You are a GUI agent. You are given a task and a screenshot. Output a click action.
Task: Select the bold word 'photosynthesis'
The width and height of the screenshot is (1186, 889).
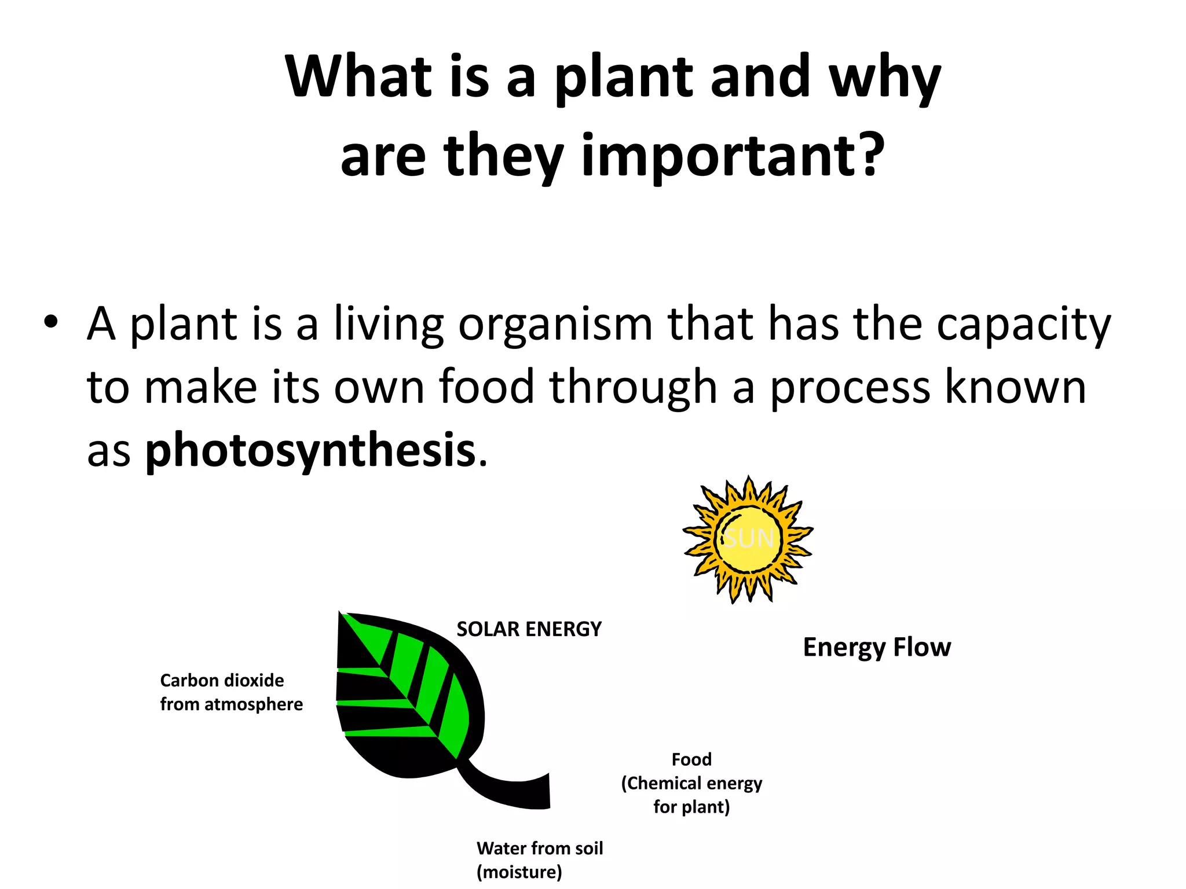(x=310, y=450)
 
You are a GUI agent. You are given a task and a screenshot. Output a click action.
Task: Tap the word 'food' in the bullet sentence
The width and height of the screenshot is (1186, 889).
(x=486, y=387)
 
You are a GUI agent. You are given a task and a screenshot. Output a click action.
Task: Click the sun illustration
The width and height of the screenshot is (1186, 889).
(x=748, y=539)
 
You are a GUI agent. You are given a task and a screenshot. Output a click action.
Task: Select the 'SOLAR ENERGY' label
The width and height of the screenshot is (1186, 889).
(x=529, y=629)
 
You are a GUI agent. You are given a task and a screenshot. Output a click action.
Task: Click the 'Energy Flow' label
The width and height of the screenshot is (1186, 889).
(x=876, y=647)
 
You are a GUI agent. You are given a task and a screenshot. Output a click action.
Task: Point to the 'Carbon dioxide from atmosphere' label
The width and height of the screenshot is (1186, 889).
(x=231, y=692)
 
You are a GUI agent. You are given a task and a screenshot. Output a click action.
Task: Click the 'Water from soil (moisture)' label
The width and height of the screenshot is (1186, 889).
(x=539, y=859)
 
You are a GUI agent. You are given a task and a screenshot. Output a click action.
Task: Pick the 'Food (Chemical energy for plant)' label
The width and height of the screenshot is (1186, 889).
(x=691, y=783)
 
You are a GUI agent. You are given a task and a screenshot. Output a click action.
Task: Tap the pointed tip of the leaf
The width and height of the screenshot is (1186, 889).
(x=342, y=615)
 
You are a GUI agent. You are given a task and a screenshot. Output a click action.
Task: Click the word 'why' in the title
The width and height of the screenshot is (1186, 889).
(x=884, y=78)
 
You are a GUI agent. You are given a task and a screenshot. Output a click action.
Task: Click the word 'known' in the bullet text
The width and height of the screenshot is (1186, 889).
(x=1015, y=387)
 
